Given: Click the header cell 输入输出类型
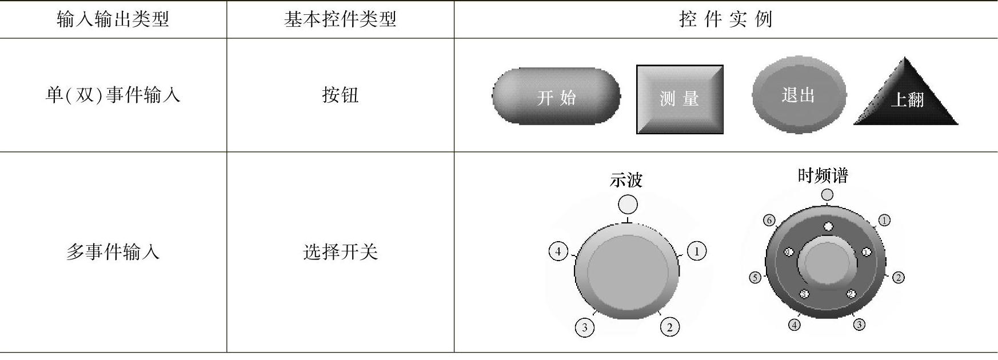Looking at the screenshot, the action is (113, 19).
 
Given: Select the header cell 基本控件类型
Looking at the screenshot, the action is (340, 19).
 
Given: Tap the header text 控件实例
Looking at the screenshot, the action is (725, 19).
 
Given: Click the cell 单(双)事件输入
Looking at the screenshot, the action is (113, 95).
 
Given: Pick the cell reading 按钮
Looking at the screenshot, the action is (340, 95).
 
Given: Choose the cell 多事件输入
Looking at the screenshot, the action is (113, 251).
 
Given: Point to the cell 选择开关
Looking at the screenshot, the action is (340, 251).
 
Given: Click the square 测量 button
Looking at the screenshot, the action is (680, 99).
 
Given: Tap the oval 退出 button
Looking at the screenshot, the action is (799, 95).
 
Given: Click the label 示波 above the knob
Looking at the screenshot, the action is (626, 180).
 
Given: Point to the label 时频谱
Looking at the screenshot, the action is (823, 175).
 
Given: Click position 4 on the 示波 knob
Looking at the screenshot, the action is (558, 251).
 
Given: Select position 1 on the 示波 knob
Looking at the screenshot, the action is (696, 251).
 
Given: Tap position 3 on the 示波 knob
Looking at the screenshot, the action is (584, 327).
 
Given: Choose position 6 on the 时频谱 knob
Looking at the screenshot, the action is (769, 221).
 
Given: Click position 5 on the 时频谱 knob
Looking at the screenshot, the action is (755, 278).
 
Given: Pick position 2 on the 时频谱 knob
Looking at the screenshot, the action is (898, 278).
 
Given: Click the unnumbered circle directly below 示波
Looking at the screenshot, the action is (628, 204).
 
